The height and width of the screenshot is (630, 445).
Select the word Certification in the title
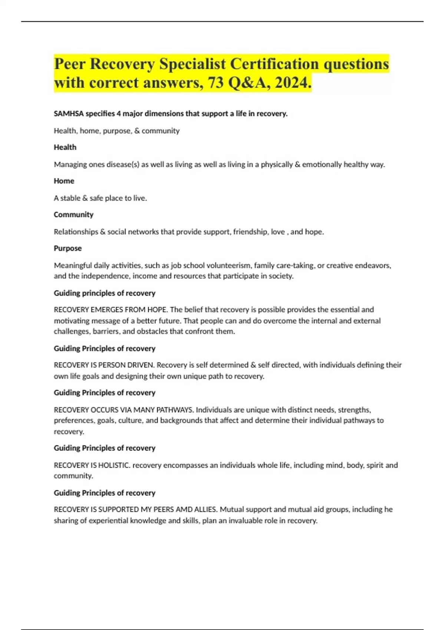point(274,64)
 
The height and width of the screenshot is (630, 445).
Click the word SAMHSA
point(69,114)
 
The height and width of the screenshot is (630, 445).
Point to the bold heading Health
point(65,147)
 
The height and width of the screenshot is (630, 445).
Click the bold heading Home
point(64,181)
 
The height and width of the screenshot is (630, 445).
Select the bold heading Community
point(73,215)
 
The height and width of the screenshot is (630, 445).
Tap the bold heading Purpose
point(67,248)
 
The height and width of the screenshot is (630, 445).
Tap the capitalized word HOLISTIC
point(114,465)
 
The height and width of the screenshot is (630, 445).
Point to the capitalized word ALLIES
point(206,510)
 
